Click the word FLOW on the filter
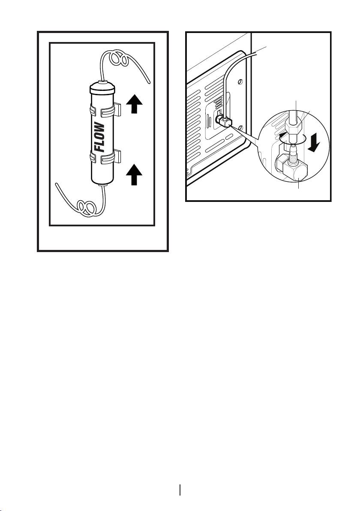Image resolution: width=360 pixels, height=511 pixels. click(99, 138)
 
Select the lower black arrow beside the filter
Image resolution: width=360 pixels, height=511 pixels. click(134, 176)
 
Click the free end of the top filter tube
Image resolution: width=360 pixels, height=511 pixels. click(148, 82)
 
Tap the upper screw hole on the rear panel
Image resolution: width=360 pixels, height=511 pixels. click(241, 81)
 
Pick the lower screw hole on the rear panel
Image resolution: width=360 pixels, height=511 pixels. click(241, 127)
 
